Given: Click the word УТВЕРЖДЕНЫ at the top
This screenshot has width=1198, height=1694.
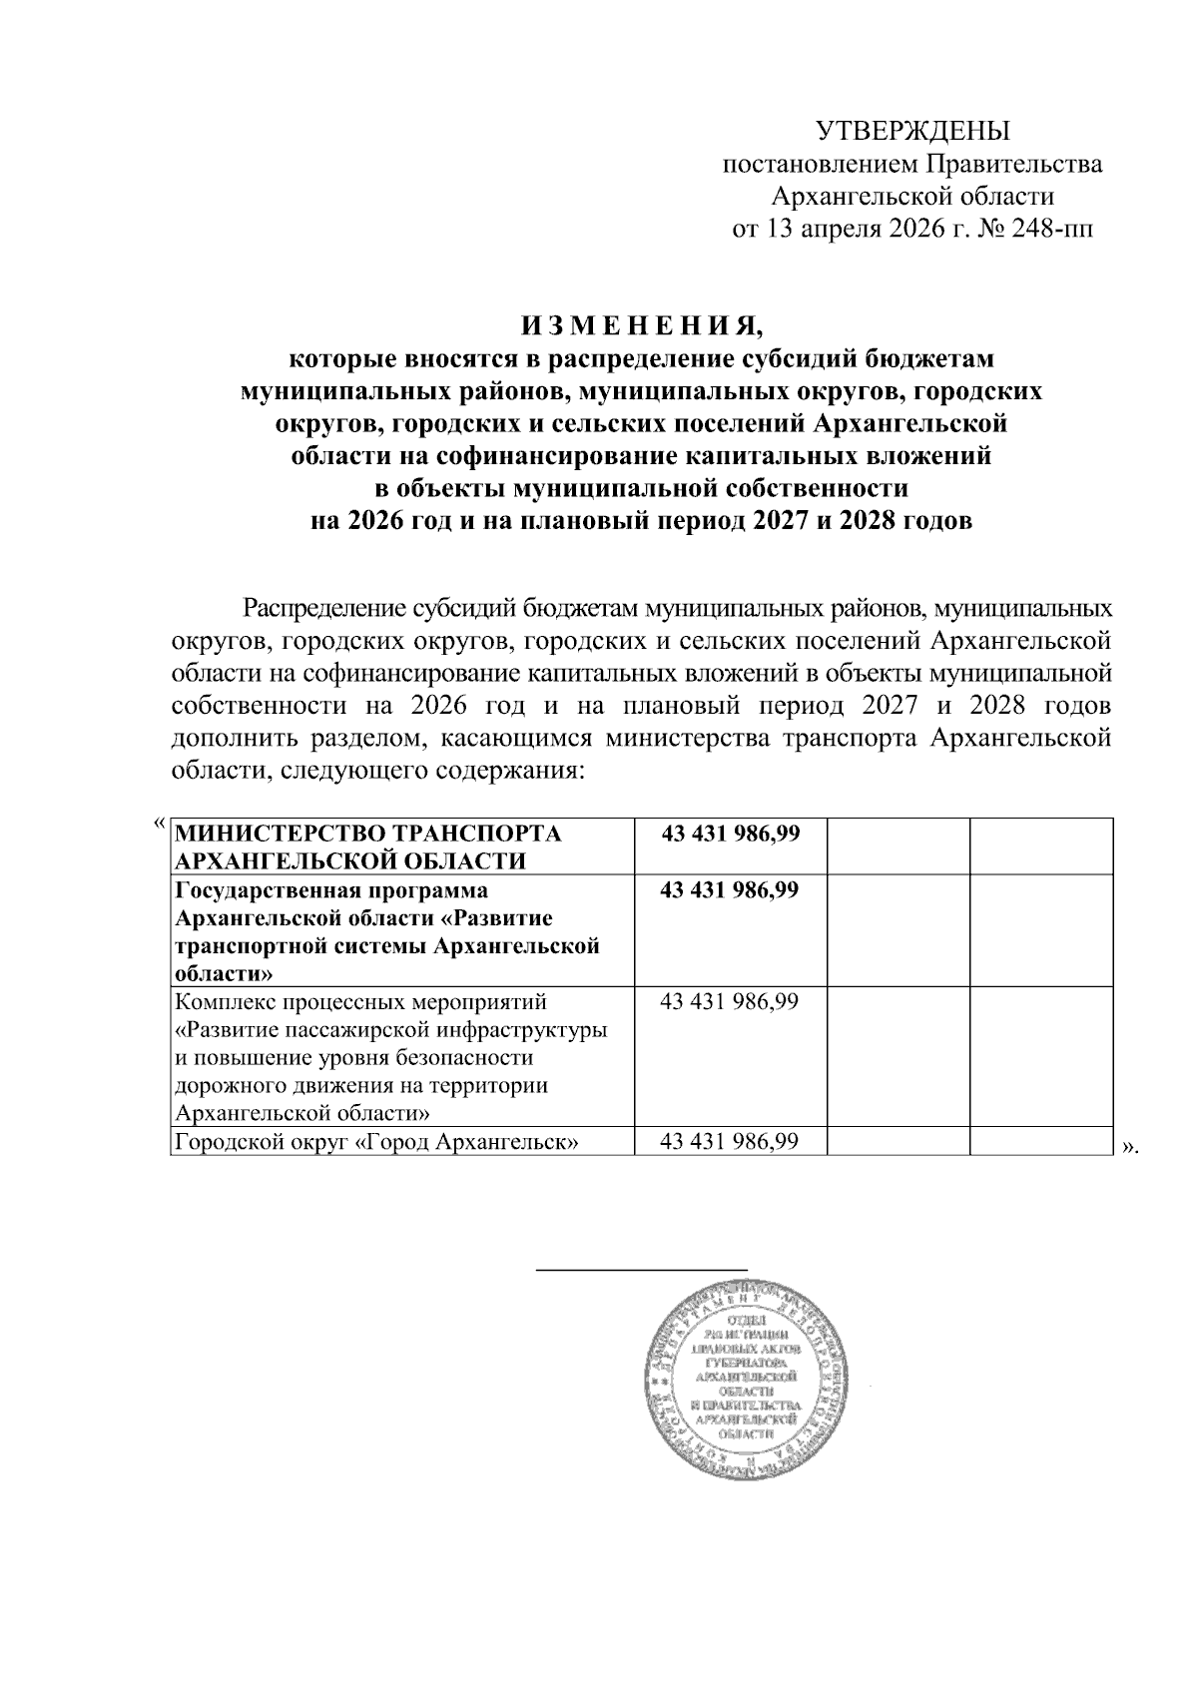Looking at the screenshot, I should pos(913,132).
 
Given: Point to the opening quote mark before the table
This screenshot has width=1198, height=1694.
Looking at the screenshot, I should pos(159,823).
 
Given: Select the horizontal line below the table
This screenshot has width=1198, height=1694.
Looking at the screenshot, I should pos(643,1269).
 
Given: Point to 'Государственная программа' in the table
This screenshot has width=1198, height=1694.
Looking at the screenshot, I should pos(331,890).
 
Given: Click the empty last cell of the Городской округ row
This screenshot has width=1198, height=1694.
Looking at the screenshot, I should pos(1041,1141).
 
